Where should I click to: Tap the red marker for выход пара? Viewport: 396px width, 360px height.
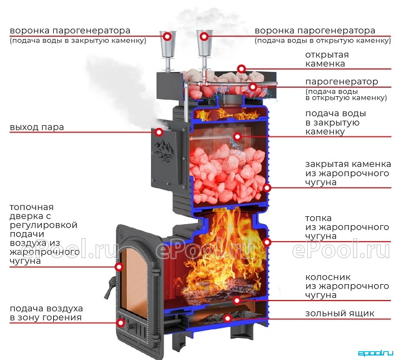tap(159, 132)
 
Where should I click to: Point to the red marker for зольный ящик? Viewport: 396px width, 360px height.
tap(228, 318)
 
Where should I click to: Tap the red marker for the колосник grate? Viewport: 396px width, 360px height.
tap(237, 301)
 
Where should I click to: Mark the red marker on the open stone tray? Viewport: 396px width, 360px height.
tap(242, 68)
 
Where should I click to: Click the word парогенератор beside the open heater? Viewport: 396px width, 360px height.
tap(342, 82)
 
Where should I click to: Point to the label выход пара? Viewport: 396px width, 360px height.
tap(37, 127)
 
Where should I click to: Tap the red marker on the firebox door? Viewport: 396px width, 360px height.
tap(119, 267)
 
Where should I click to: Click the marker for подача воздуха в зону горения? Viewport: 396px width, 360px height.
tap(121, 323)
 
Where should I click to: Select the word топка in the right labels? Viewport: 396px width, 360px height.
tap(318, 218)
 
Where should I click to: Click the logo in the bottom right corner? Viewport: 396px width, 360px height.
tap(376, 353)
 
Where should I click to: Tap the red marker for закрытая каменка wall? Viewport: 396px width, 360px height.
tap(267, 188)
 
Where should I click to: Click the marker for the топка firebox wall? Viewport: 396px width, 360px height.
tap(267, 242)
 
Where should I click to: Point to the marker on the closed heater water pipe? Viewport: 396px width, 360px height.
tap(237, 136)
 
